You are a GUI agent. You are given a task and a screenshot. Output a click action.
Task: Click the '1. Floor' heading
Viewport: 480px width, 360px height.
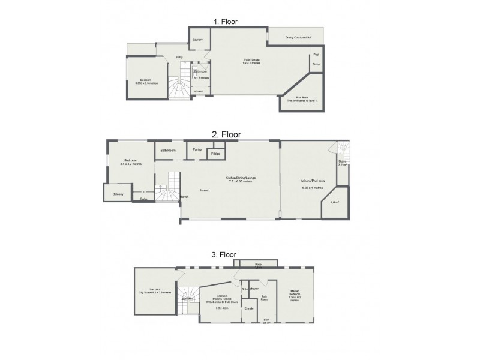226,22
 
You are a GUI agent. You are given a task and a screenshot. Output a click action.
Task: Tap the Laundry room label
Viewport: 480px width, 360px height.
198,40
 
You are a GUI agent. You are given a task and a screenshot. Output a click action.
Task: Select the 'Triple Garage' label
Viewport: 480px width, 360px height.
251,59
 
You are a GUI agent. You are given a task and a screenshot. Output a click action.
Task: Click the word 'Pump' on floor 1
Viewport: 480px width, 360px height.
316,64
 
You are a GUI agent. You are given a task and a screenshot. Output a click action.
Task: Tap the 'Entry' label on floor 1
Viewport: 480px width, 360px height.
179,57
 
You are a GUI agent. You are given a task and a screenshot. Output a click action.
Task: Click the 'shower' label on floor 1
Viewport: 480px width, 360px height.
198,91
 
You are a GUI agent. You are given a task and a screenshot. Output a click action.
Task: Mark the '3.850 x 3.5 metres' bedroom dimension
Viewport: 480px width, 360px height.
146,83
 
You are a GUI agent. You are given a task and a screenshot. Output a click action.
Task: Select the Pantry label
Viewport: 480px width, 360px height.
197,149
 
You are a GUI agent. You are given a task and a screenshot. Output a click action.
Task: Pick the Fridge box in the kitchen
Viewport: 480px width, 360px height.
215,154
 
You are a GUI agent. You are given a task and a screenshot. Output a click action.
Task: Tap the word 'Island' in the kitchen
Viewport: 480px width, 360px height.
205,190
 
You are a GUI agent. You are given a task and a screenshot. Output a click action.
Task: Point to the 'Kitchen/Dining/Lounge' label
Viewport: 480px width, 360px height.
239,178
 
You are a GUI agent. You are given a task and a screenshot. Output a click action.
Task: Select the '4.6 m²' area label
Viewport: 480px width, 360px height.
334,202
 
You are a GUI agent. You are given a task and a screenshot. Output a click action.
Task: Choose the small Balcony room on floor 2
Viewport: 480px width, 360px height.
118,194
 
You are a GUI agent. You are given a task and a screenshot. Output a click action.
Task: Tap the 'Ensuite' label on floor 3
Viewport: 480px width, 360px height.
249,308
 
